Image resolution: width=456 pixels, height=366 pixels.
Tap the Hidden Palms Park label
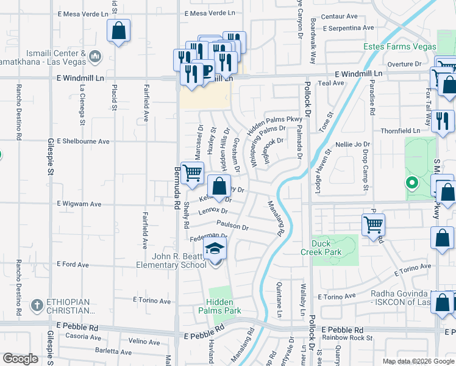pyautogui.click(x=223, y=306)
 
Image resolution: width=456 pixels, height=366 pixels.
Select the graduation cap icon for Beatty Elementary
pyautogui.click(x=215, y=248)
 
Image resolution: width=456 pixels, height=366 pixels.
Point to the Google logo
pyautogui.click(x=20, y=359)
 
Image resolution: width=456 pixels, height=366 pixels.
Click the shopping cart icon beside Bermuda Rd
pyautogui.click(x=193, y=173)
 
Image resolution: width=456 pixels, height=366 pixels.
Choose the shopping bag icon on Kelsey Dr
pyautogui.click(x=219, y=185)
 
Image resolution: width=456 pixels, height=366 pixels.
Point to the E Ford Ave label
pyautogui.click(x=73, y=265)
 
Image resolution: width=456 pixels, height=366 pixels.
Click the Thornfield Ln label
pyautogui.click(x=400, y=131)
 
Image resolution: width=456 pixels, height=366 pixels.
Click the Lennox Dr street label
pyautogui.click(x=213, y=212)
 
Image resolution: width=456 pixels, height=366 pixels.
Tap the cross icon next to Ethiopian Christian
pyautogui.click(x=37, y=304)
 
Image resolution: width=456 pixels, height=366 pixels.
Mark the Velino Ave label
pyautogui.click(x=144, y=342)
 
